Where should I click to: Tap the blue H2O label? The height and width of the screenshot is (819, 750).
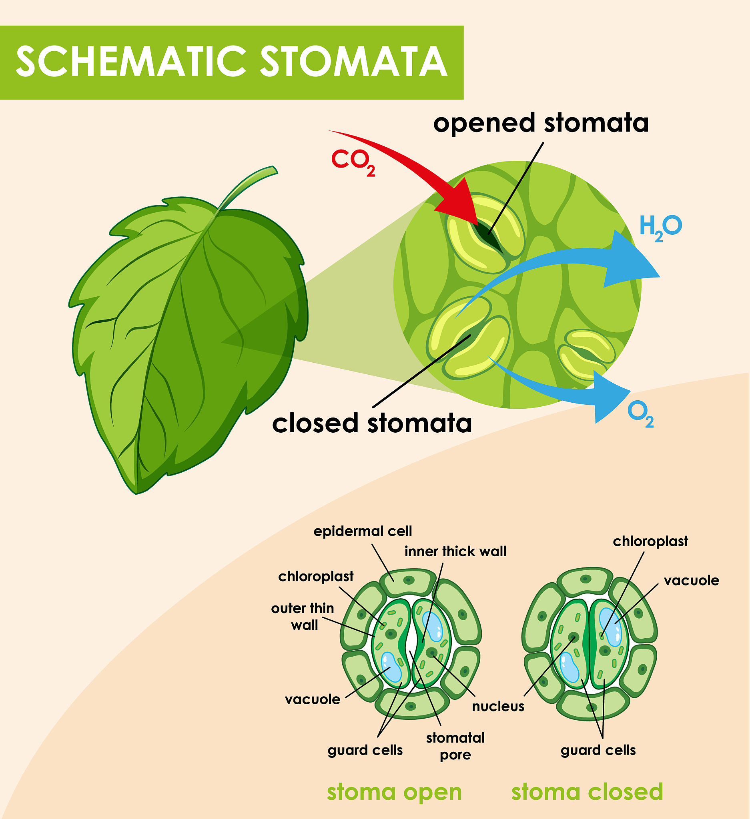tap(660, 227)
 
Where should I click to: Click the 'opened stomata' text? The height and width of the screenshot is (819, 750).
tap(541, 123)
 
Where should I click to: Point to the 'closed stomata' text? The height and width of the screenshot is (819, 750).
tap(372, 423)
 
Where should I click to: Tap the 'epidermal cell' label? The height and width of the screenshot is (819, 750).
tap(363, 531)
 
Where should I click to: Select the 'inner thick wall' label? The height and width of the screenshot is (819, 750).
tap(455, 551)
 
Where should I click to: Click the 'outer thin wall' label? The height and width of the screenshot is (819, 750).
tap(303, 616)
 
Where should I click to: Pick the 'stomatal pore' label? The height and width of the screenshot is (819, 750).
tap(455, 746)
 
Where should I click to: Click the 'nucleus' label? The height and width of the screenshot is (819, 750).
tap(498, 707)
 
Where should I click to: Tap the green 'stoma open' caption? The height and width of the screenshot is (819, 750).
tap(394, 792)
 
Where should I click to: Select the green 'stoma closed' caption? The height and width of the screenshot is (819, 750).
tap(587, 792)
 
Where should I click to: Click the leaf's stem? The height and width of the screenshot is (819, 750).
tap(248, 185)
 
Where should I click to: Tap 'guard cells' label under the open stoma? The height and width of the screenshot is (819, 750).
tap(365, 750)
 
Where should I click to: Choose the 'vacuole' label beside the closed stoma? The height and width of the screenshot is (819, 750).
tap(691, 581)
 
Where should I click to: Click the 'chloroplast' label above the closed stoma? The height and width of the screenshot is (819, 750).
tap(650, 541)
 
